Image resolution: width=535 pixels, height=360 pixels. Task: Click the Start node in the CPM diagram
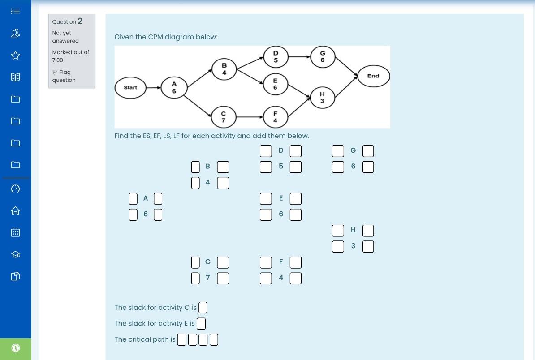(130, 87)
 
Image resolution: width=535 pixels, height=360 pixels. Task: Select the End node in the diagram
(373, 76)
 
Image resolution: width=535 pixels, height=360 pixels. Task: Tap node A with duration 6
(174, 87)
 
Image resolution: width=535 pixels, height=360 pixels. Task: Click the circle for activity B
(224, 69)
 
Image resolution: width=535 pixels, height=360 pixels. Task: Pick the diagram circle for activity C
(224, 117)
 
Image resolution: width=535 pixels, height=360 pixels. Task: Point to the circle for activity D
(276, 56)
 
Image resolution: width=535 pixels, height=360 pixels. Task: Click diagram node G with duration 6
(322, 56)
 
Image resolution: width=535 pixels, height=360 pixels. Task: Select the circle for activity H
(322, 97)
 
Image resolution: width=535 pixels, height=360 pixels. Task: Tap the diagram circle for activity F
(275, 117)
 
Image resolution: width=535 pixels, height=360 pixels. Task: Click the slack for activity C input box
(203, 308)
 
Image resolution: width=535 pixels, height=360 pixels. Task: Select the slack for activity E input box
(201, 323)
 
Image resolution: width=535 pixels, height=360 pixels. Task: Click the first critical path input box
(181, 340)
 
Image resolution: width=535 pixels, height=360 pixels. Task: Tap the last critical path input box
(214, 340)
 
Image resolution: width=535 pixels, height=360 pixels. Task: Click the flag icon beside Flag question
(55, 73)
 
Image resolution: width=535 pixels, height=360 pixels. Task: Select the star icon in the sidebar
(15, 55)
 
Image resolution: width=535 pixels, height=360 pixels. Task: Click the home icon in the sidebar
(15, 210)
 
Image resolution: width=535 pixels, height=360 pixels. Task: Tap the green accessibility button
(15, 348)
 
